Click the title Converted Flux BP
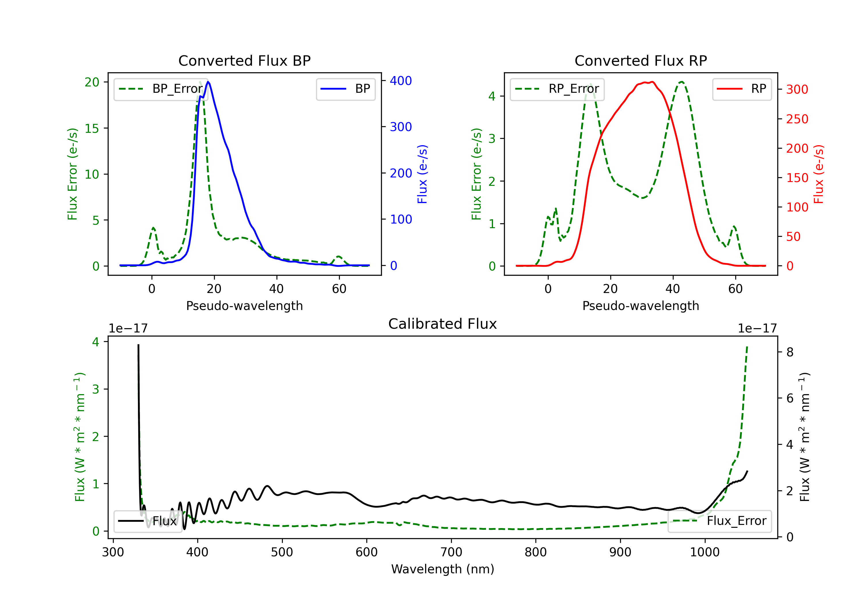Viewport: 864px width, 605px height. click(x=244, y=60)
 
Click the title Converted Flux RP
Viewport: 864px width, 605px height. click(x=641, y=60)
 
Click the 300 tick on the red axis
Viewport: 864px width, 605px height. click(x=797, y=90)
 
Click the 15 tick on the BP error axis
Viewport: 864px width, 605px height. click(x=92, y=128)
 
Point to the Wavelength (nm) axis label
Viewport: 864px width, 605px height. click(x=443, y=569)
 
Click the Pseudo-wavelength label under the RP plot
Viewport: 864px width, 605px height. click(x=641, y=306)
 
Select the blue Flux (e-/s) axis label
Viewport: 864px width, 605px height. click(x=422, y=174)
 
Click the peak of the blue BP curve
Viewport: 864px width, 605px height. click(x=208, y=82)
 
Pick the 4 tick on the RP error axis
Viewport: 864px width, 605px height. click(x=492, y=97)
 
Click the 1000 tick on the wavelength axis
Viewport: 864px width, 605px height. click(x=704, y=552)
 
